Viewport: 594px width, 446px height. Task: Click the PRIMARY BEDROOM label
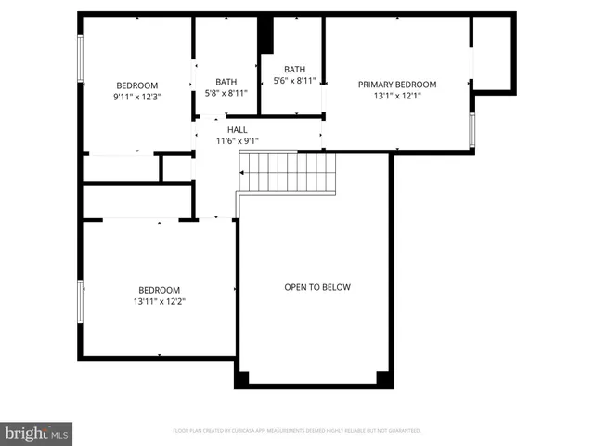pyautogui.click(x=397, y=85)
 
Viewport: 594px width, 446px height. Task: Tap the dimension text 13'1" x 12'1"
pyautogui.click(x=397, y=96)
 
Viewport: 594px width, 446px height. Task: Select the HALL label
pyautogui.click(x=237, y=130)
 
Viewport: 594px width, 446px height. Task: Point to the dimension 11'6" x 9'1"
pyautogui.click(x=237, y=141)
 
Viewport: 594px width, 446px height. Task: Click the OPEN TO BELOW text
pyautogui.click(x=317, y=287)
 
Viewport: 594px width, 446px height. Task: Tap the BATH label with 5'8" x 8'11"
pyautogui.click(x=226, y=81)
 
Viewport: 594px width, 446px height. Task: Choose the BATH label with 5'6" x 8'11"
pyautogui.click(x=294, y=70)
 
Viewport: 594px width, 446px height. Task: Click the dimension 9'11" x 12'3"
pyautogui.click(x=136, y=97)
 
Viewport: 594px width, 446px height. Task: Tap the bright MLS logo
pyautogui.click(x=37, y=434)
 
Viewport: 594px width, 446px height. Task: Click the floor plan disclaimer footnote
pyautogui.click(x=297, y=431)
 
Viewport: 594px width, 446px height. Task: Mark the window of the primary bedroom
pyautogui.click(x=472, y=131)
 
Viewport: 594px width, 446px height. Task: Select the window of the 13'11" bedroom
pyautogui.click(x=81, y=301)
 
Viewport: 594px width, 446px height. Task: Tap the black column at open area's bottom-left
pyautogui.click(x=242, y=378)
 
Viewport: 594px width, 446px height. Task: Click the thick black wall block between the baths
pyautogui.click(x=266, y=35)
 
